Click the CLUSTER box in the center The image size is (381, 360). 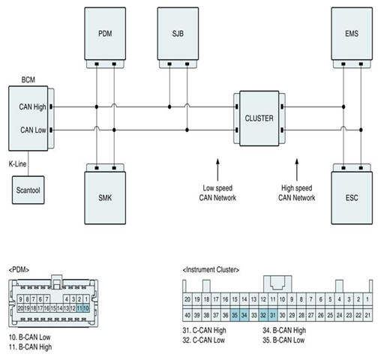(259, 118)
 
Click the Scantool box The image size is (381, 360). (28, 190)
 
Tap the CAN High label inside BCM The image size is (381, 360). (32, 107)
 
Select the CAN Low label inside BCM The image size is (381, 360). (33, 130)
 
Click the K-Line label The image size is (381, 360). (17, 164)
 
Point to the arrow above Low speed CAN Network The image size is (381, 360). (217, 169)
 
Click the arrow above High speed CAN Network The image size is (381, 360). (297, 169)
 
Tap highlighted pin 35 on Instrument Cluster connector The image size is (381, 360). (235, 315)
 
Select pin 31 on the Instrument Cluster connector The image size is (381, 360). (273, 315)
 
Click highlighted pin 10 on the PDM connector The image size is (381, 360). (86, 308)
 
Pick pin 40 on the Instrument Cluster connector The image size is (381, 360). (187, 315)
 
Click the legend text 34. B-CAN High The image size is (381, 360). (284, 331)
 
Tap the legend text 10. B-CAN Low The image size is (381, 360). (30, 337)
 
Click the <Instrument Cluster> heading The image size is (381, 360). (211, 270)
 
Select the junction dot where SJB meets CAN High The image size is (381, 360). (169, 107)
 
